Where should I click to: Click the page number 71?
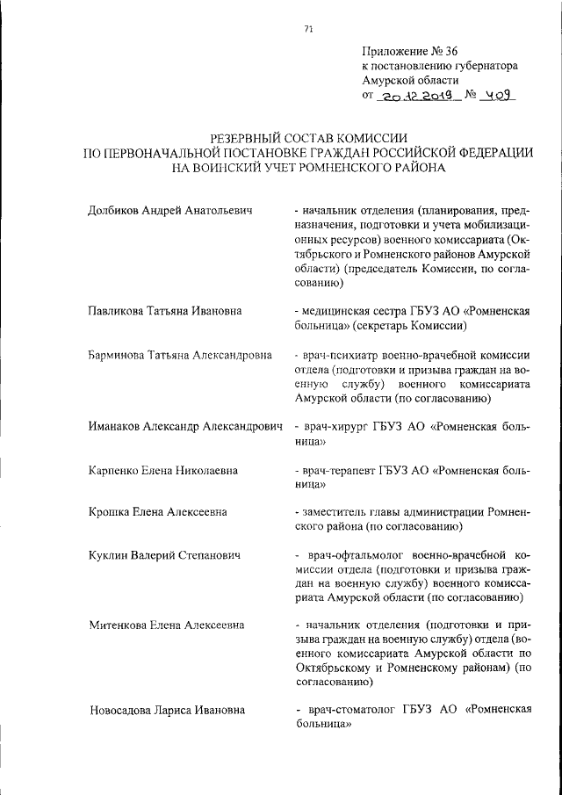[308, 29]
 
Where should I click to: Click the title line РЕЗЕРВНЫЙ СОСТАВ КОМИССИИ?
[308, 138]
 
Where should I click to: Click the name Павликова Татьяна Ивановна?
[165, 311]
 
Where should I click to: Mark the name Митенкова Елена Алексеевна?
[167, 625]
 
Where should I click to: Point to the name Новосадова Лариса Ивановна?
[167, 710]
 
